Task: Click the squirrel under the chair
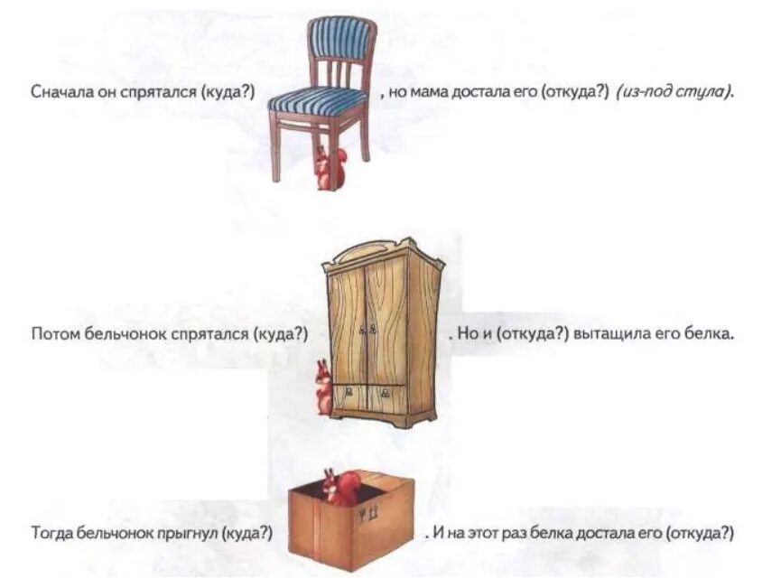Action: (x=328, y=168)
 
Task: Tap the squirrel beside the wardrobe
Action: (x=323, y=387)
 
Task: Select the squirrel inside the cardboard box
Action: (x=340, y=487)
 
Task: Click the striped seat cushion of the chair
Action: (x=318, y=98)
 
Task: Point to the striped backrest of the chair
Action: (x=342, y=38)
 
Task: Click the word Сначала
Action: (x=55, y=92)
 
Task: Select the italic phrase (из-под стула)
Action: (x=675, y=92)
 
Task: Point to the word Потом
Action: (x=52, y=333)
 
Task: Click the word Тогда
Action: (x=51, y=533)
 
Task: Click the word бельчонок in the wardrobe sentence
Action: (x=116, y=333)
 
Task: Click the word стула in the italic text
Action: (x=710, y=92)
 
